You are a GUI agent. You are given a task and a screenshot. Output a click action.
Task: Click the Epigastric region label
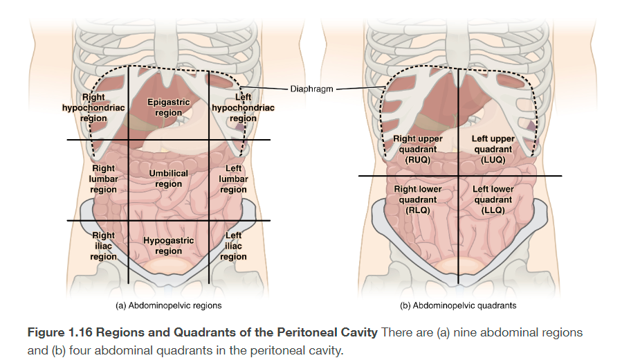[168, 107]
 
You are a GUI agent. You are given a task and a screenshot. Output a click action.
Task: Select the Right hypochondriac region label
[93, 108]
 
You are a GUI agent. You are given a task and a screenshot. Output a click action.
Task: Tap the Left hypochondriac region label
[243, 108]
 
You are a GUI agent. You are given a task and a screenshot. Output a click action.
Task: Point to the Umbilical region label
[168, 179]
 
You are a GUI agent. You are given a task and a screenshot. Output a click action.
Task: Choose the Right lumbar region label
[103, 179]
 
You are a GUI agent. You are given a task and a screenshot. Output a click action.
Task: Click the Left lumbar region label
[233, 179]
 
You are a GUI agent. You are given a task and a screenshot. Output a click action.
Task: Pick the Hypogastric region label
[168, 246]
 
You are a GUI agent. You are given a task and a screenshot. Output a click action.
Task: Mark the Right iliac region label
[103, 246]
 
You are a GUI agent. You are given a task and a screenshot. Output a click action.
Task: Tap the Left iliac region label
[233, 246]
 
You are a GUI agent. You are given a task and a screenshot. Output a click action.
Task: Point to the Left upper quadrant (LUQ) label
[493, 149]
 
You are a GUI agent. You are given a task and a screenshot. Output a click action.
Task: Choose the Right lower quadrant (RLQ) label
[419, 199]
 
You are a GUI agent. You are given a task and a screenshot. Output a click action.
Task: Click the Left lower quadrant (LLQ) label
[493, 199]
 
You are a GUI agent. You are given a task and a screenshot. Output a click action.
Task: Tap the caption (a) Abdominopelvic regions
[168, 305]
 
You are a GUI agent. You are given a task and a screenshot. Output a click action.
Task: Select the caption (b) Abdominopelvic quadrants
[458, 305]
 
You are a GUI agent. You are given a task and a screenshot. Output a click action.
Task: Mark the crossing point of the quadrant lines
[457, 176]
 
